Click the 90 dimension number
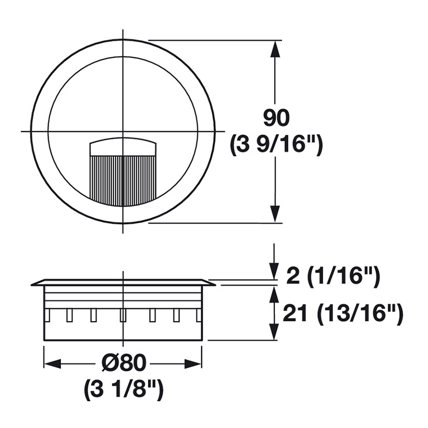click(276, 118)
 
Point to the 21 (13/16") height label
click(343, 314)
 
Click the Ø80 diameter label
click(124, 363)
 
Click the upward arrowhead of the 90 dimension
click(276, 49)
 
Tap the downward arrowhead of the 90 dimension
click(276, 215)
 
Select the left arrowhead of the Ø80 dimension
click(52, 364)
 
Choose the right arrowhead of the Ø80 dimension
click(193, 364)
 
